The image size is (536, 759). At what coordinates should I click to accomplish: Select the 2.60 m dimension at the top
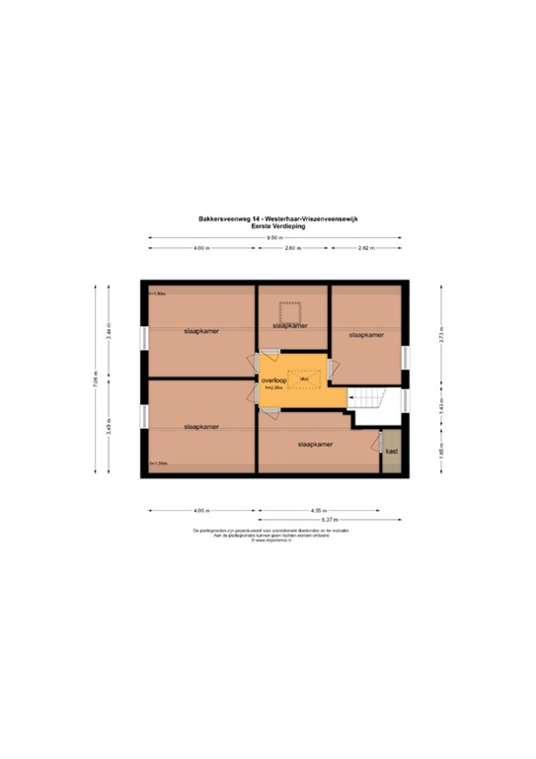click(x=292, y=248)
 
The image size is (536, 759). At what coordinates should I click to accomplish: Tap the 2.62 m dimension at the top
click(x=366, y=248)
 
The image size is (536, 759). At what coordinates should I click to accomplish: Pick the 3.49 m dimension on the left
click(x=110, y=427)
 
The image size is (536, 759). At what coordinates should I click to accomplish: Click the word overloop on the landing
click(x=274, y=379)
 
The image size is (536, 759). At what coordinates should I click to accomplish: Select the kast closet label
click(x=392, y=451)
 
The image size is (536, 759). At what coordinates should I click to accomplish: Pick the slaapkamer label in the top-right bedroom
click(x=364, y=335)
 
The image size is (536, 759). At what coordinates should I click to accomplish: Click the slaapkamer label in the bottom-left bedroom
click(x=200, y=426)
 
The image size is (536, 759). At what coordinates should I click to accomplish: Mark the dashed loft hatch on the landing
click(x=305, y=378)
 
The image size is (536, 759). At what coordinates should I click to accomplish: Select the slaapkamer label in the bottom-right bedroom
click(x=315, y=446)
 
